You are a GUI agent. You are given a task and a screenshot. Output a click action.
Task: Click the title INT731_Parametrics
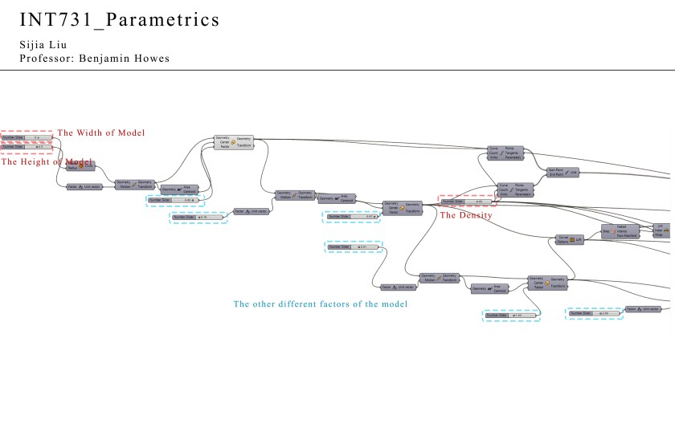119,19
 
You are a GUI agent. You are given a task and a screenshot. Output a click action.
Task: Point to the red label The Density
466,214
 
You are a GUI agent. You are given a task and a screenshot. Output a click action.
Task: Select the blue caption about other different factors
321,304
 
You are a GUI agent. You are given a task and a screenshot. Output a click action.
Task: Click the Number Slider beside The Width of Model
27,137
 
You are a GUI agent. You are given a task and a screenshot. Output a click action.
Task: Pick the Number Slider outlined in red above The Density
465,201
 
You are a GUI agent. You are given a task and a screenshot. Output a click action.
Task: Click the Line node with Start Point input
562,172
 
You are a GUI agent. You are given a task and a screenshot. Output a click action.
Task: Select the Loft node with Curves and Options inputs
570,239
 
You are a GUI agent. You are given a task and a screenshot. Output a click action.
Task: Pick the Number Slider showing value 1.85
510,316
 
